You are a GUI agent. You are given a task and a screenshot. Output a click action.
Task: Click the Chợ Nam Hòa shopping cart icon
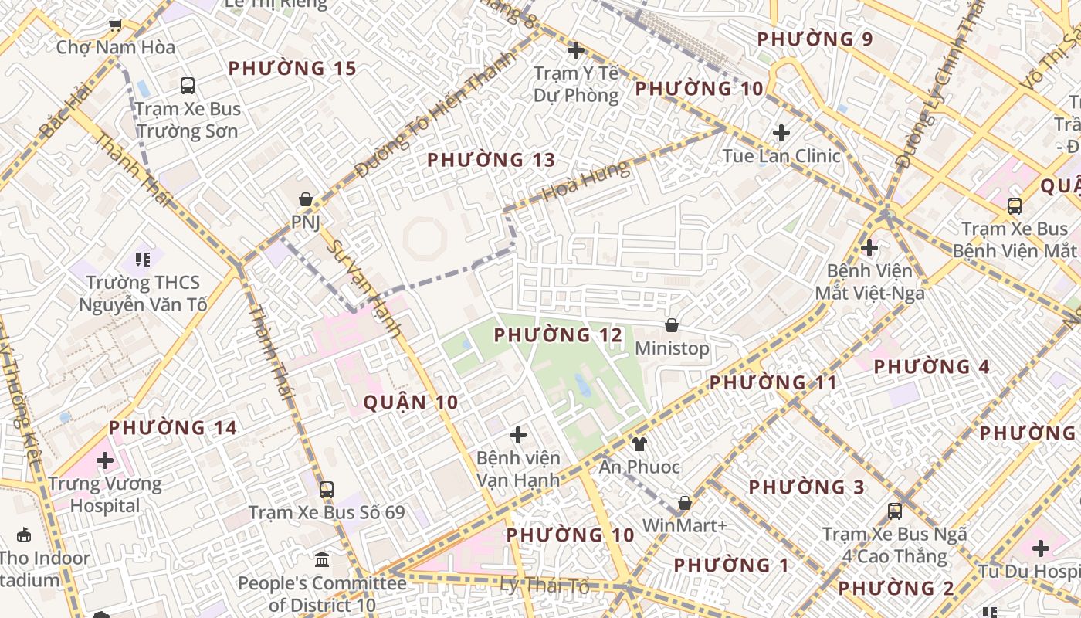[115, 25]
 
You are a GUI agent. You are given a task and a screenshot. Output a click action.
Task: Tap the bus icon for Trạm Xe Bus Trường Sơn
[188, 86]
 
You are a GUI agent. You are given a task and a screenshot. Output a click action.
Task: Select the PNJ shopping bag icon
[306, 199]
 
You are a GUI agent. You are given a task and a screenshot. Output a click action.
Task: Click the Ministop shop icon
[672, 325]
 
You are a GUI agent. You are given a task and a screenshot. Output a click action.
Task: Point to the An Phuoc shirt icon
[639, 443]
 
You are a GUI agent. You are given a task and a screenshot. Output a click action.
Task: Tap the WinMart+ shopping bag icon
[684, 503]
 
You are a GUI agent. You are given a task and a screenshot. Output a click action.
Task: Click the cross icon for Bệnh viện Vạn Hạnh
[518, 435]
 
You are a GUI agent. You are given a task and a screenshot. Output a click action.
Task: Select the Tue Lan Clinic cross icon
[781, 133]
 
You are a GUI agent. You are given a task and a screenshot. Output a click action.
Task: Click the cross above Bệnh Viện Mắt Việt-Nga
[869, 248]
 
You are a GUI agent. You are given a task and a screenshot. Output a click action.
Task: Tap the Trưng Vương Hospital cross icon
[105, 461]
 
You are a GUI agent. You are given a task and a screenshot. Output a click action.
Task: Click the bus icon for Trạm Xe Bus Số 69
[327, 489]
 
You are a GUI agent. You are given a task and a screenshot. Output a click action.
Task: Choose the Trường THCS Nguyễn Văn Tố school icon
[143, 260]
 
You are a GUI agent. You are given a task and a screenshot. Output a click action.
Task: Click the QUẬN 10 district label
[410, 402]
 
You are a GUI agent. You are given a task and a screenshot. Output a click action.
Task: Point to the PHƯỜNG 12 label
[557, 335]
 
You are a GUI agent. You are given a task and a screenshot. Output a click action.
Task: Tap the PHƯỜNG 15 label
[293, 69]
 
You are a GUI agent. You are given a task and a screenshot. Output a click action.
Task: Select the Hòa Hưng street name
[585, 182]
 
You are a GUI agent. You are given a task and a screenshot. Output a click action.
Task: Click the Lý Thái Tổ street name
[545, 586]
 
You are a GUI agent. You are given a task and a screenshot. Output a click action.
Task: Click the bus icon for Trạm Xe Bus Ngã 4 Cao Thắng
[894, 511]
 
